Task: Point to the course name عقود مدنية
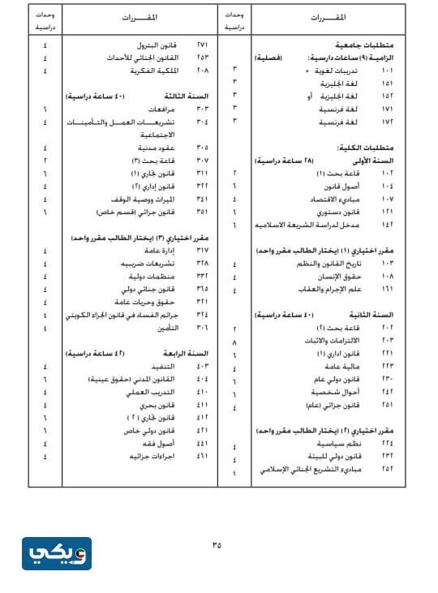pyautogui.click(x=168, y=148)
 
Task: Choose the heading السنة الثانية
pyautogui.click(x=376, y=314)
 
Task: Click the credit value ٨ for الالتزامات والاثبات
pyautogui.click(x=234, y=342)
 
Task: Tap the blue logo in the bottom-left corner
pyautogui.click(x=56, y=553)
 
